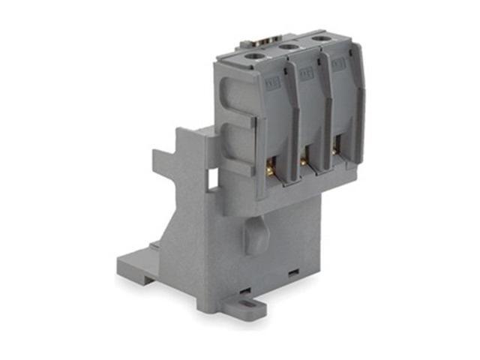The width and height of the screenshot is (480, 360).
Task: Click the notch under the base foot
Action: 153,281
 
